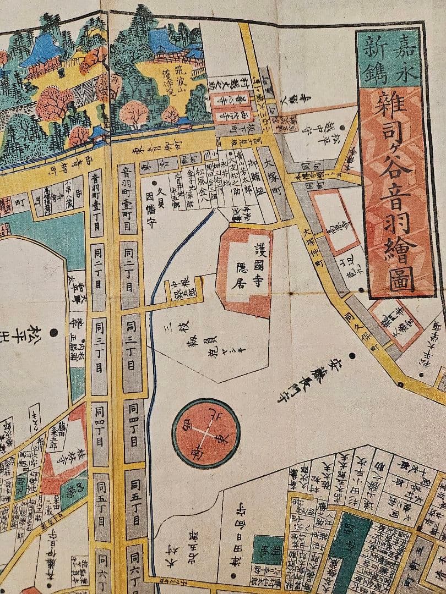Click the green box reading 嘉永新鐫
[389, 57]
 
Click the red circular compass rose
[206, 426]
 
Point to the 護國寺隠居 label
[255, 263]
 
